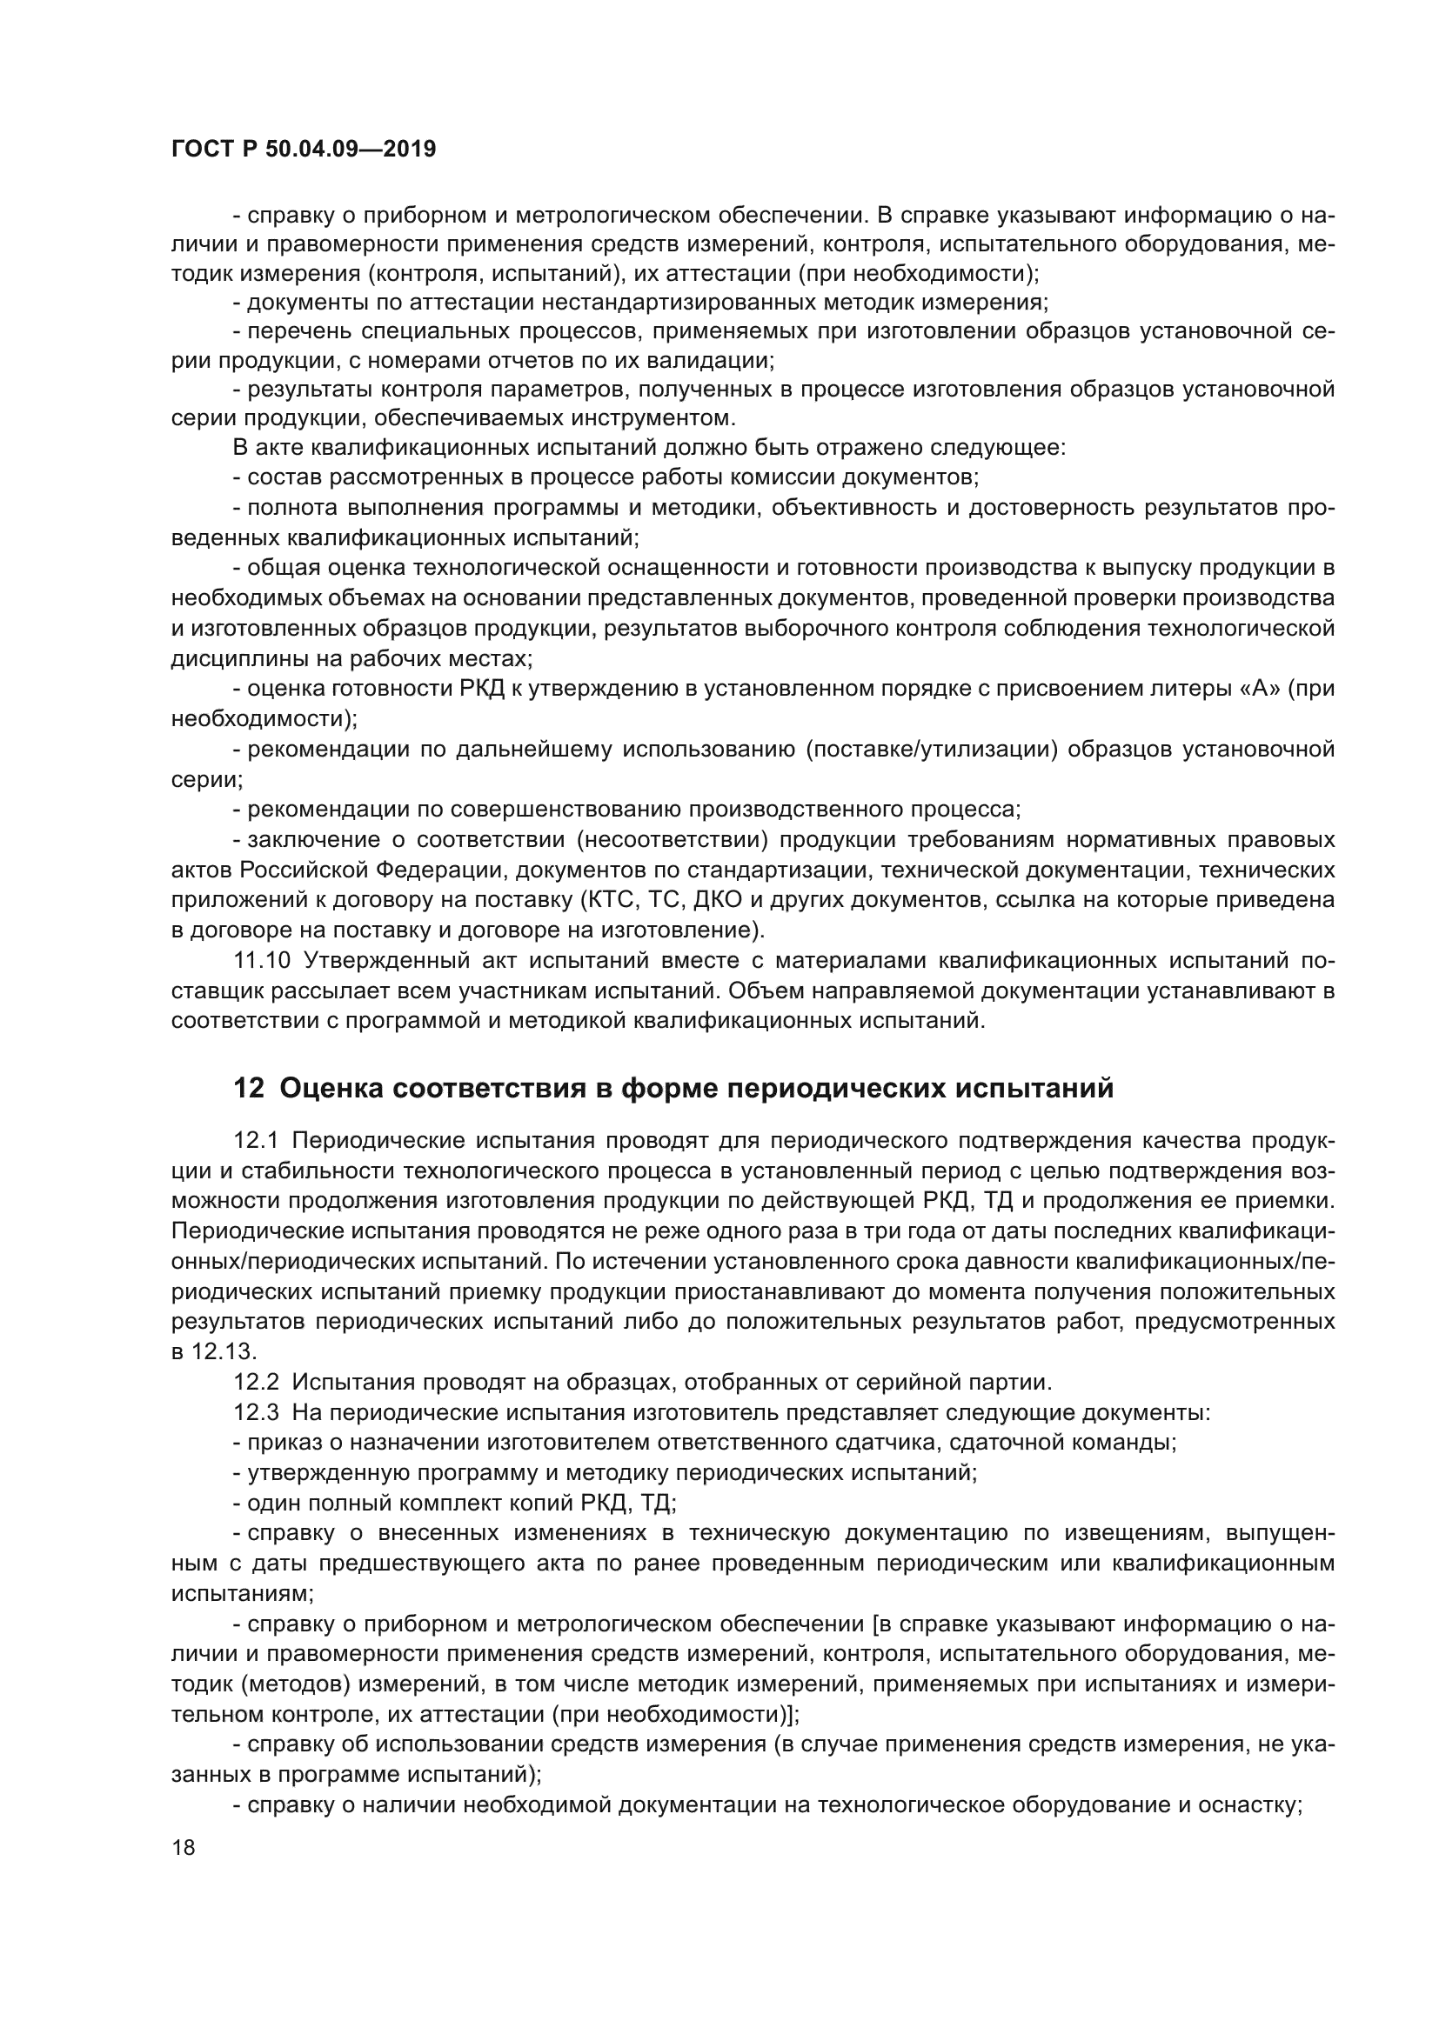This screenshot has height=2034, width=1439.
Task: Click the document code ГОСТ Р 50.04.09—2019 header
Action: pos(303,149)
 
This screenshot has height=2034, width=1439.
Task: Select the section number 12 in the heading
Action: pos(248,1088)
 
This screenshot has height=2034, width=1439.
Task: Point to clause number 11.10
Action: pos(261,960)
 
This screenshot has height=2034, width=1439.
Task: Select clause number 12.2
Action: pos(255,1381)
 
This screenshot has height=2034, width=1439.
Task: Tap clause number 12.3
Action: pos(255,1411)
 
